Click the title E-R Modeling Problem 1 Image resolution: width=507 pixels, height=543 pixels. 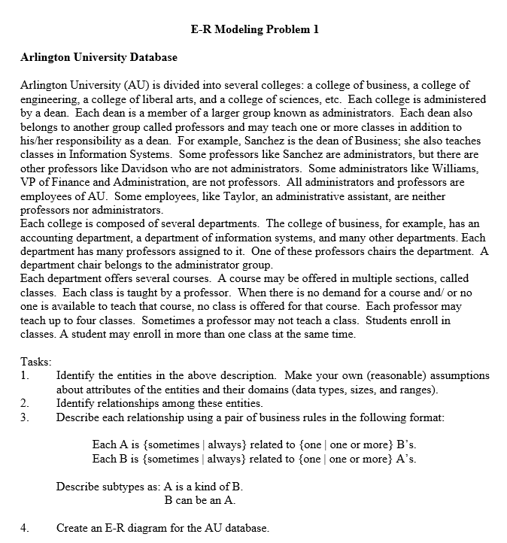click(x=255, y=29)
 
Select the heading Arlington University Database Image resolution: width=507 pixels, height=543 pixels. click(x=99, y=57)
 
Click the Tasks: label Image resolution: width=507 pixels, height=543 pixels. click(x=35, y=362)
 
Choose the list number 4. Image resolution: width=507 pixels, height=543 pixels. click(x=25, y=528)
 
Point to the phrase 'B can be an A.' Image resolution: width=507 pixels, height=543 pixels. click(x=200, y=500)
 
